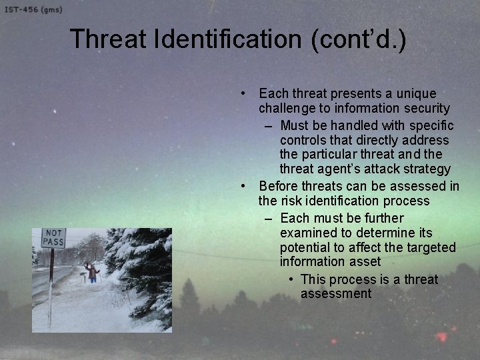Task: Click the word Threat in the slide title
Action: coord(109,39)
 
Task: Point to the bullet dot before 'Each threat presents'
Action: coord(245,93)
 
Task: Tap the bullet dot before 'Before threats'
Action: coord(245,186)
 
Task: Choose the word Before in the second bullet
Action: coord(279,186)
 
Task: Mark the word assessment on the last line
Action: coord(335,294)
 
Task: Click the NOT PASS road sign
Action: coord(53,238)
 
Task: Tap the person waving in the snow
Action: coord(93,271)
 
